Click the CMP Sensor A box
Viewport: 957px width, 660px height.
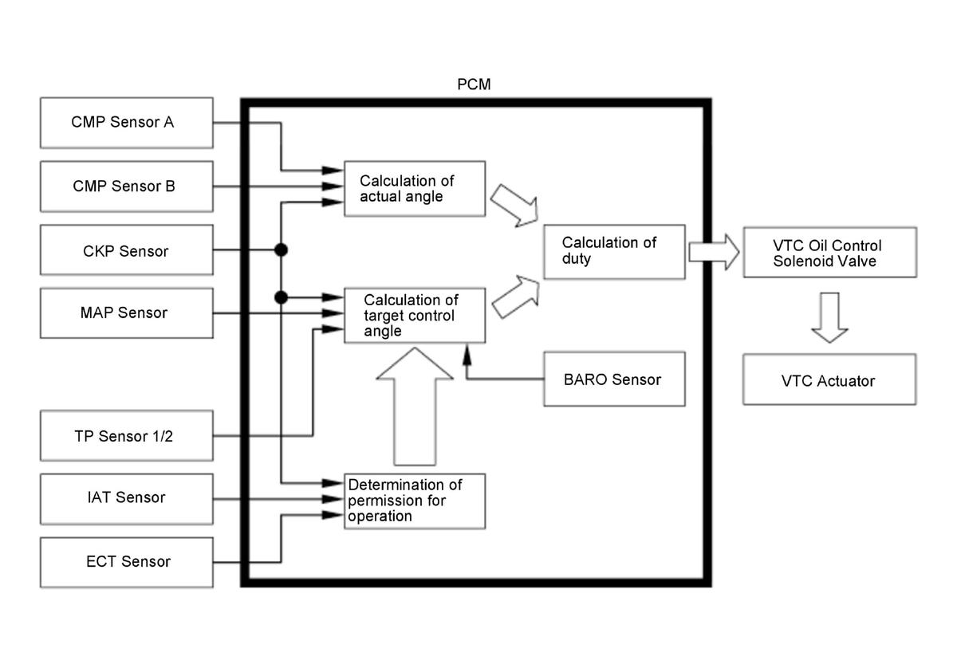126,123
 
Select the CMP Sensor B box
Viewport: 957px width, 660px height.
126,187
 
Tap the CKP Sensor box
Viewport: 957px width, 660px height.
126,251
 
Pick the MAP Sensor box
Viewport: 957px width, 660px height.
126,312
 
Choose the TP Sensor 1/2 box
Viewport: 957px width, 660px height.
126,436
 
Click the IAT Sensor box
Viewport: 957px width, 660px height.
126,498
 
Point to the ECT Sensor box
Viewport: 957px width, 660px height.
126,562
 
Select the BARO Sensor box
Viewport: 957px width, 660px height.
613,379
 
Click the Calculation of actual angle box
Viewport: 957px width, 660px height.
414,189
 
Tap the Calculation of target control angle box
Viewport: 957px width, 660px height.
414,316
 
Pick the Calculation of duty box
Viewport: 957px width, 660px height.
613,251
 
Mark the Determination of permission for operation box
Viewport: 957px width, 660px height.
415,501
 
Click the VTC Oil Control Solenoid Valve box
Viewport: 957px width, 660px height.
829,253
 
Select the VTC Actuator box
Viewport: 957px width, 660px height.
829,380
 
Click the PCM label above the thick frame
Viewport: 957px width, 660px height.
474,84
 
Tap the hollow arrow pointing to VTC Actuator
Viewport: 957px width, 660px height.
829,317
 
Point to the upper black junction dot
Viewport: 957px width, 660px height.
281,250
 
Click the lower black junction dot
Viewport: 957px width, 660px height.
281,297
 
